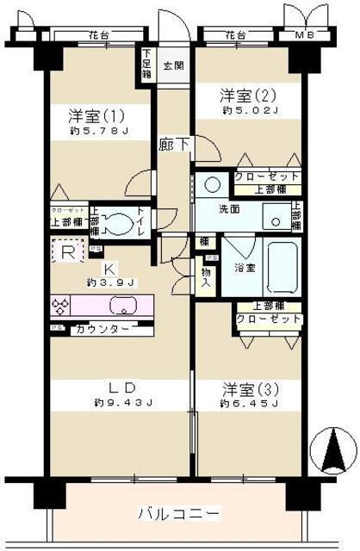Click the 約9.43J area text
121,402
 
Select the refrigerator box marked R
67,251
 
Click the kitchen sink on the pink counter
121,305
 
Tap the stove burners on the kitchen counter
63,306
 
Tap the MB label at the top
304,35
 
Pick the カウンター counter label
104,330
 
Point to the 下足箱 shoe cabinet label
146,63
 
